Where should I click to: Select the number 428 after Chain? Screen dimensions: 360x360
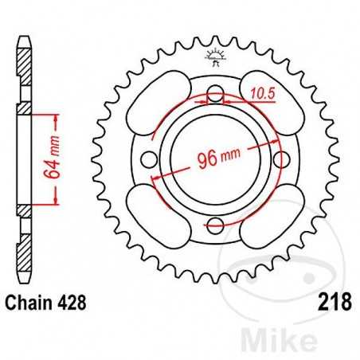[72, 303]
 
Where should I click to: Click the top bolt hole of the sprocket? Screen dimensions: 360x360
[214, 97]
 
